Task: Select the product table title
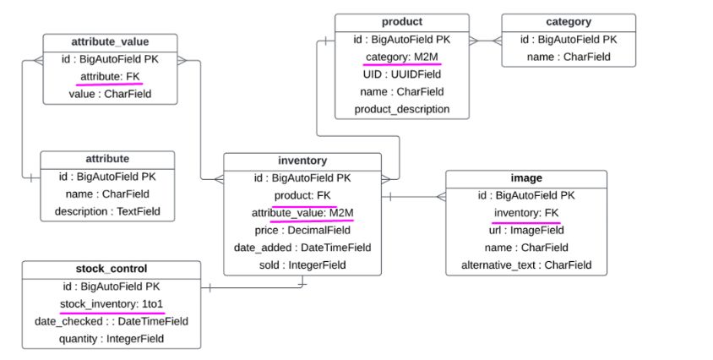402,22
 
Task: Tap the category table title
569,22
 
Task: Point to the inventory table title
302,161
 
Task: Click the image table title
526,178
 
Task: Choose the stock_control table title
112,270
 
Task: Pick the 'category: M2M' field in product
402,57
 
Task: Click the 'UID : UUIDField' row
402,74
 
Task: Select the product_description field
402,109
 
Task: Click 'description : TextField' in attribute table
107,210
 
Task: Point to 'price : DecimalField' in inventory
302,230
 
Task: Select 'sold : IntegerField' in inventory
302,265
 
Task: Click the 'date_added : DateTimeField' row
302,248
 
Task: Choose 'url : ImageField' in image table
526,230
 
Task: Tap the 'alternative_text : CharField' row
526,265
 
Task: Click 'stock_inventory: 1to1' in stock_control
112,304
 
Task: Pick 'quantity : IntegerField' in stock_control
112,339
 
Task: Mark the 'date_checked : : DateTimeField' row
112,321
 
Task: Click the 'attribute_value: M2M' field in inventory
302,212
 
